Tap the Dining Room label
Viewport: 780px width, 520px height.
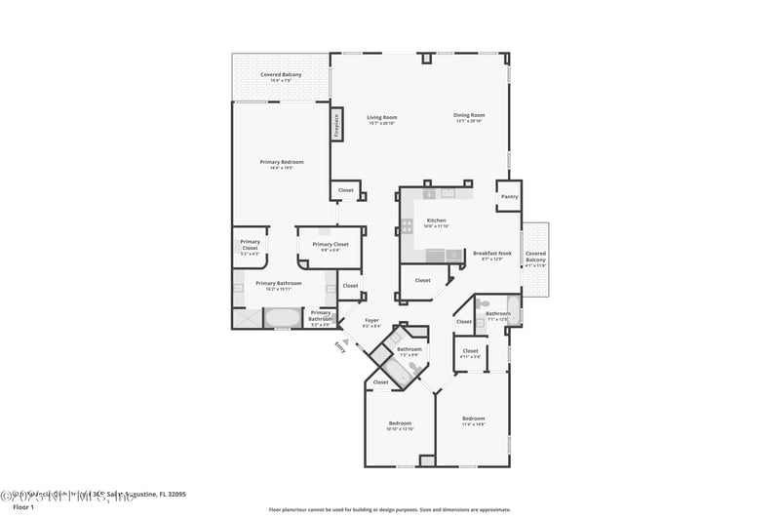[469, 117]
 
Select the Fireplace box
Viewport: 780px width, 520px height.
[336, 126]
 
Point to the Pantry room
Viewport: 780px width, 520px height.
[509, 196]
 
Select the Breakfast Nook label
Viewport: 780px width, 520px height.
[492, 255]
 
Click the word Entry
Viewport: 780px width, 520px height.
[339, 344]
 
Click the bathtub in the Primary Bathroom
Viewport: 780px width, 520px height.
[284, 318]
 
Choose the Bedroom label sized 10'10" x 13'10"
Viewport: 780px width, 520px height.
[401, 424]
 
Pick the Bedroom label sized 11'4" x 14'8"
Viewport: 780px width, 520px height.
[473, 420]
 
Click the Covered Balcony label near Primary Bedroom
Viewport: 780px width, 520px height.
[280, 77]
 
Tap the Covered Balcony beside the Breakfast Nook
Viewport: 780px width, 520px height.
[535, 258]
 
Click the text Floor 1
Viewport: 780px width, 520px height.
[22, 507]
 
